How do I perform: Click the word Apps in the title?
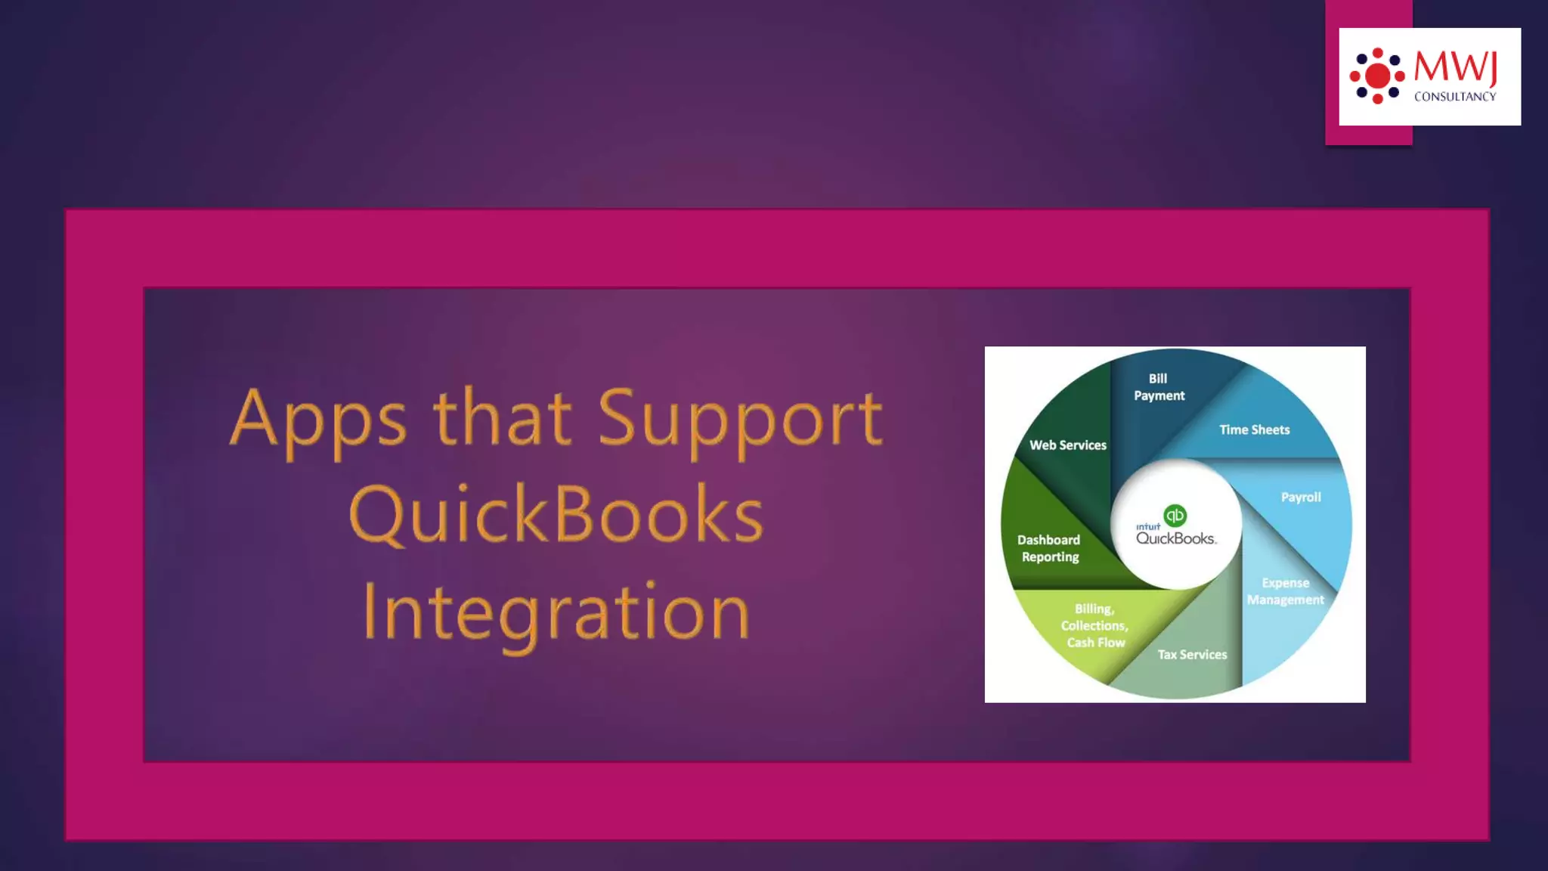(x=317, y=418)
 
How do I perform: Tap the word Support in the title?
(x=739, y=418)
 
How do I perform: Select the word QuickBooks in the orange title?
(x=556, y=515)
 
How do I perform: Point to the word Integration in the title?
(x=556, y=612)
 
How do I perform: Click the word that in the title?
(x=502, y=418)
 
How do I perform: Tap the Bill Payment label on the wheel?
(x=1159, y=387)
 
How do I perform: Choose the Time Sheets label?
(x=1254, y=429)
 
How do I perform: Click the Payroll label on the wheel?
(x=1301, y=497)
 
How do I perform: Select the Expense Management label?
(x=1285, y=591)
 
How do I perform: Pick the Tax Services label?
(x=1192, y=655)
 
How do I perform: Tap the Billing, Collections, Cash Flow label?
(x=1094, y=625)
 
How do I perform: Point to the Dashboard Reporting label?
(x=1049, y=548)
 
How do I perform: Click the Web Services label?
(x=1067, y=445)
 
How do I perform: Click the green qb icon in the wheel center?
(x=1175, y=516)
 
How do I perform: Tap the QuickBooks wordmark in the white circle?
(x=1176, y=538)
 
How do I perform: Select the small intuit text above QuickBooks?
(x=1147, y=526)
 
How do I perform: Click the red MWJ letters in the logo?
(x=1455, y=67)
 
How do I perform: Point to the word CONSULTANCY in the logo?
(x=1455, y=97)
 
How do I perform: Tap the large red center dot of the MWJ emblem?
(x=1377, y=76)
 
